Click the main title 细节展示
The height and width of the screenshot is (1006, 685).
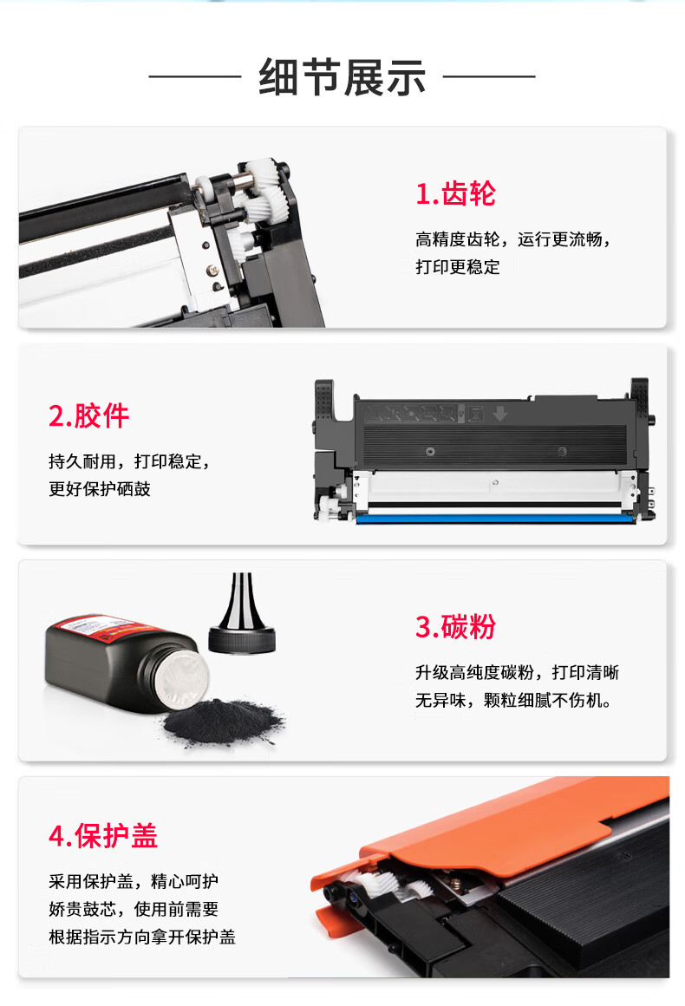coord(342,78)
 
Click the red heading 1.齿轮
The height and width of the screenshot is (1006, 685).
coord(455,193)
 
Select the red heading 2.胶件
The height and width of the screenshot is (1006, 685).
coord(89,415)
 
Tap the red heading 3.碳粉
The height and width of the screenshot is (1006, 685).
coord(455,627)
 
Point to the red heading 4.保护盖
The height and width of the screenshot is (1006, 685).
coord(103,836)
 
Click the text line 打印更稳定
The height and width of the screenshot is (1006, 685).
coord(457,267)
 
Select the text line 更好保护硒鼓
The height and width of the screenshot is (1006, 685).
coord(100,489)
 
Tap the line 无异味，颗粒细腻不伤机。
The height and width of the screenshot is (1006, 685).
coord(513,700)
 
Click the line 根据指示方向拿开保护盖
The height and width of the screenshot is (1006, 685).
coord(142,937)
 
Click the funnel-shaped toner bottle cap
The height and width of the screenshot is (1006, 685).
coord(242,614)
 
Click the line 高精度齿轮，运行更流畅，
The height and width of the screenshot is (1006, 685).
coord(512,239)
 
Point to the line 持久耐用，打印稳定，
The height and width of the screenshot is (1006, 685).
coord(129,461)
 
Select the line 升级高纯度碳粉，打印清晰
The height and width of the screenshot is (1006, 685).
coord(517,672)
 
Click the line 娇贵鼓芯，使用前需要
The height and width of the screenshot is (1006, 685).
coord(134,909)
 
